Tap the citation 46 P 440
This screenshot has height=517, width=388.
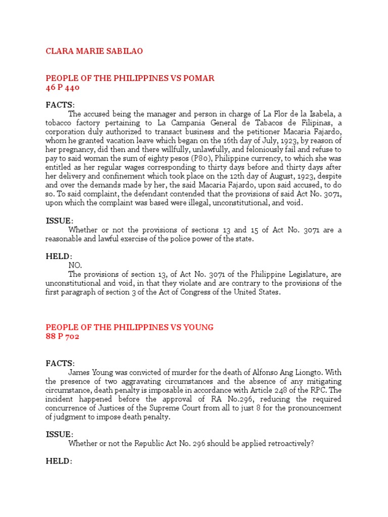point(63,87)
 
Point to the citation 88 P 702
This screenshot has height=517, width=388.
point(63,337)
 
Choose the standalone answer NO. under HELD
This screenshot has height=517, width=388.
point(75,265)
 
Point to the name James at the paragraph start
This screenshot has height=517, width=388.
point(79,373)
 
